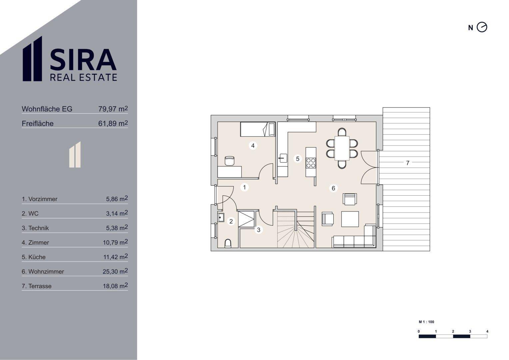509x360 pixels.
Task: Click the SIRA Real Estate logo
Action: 70,59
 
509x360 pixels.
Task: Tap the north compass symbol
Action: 482,27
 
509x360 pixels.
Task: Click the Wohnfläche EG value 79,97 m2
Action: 113,109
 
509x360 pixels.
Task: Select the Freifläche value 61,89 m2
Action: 113,123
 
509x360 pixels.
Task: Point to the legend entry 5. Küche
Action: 34,257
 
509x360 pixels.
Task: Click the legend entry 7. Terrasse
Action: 37,286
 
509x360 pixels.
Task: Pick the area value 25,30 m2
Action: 115,271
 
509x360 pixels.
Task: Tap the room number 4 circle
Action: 253,145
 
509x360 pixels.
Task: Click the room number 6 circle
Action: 333,188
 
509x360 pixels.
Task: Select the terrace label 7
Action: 408,163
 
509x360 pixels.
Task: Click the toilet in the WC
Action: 228,243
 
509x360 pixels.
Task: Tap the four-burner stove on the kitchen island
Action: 311,163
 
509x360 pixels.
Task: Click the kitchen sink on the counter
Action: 283,158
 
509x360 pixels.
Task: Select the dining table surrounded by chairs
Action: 342,148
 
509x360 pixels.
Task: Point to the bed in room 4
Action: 258,129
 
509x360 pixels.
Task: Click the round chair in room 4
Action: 230,161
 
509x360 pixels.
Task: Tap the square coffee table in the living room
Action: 350,219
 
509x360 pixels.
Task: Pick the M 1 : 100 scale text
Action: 427,322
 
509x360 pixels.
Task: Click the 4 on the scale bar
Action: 487,331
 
